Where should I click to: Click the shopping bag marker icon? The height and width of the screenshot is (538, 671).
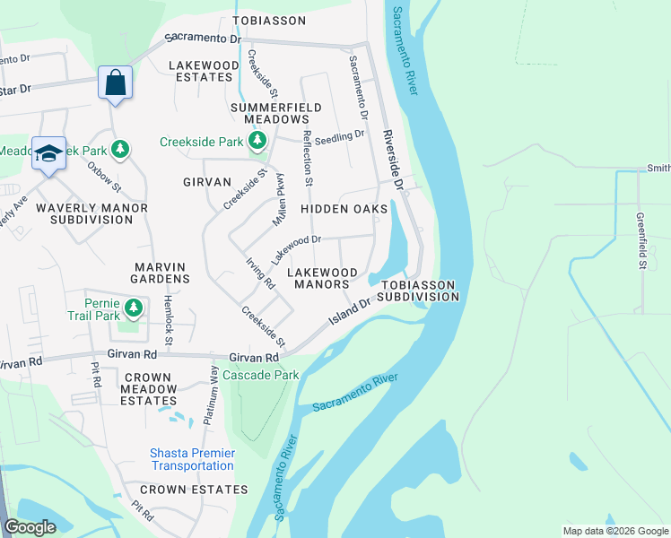[115, 83]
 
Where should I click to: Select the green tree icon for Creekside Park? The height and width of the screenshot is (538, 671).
[258, 141]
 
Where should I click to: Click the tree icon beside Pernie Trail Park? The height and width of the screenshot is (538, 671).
[134, 309]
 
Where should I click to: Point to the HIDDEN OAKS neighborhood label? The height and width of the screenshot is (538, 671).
[344, 208]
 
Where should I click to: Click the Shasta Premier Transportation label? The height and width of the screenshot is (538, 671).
[193, 460]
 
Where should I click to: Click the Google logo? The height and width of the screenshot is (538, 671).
[30, 527]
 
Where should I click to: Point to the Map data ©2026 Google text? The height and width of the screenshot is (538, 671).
[614, 531]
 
